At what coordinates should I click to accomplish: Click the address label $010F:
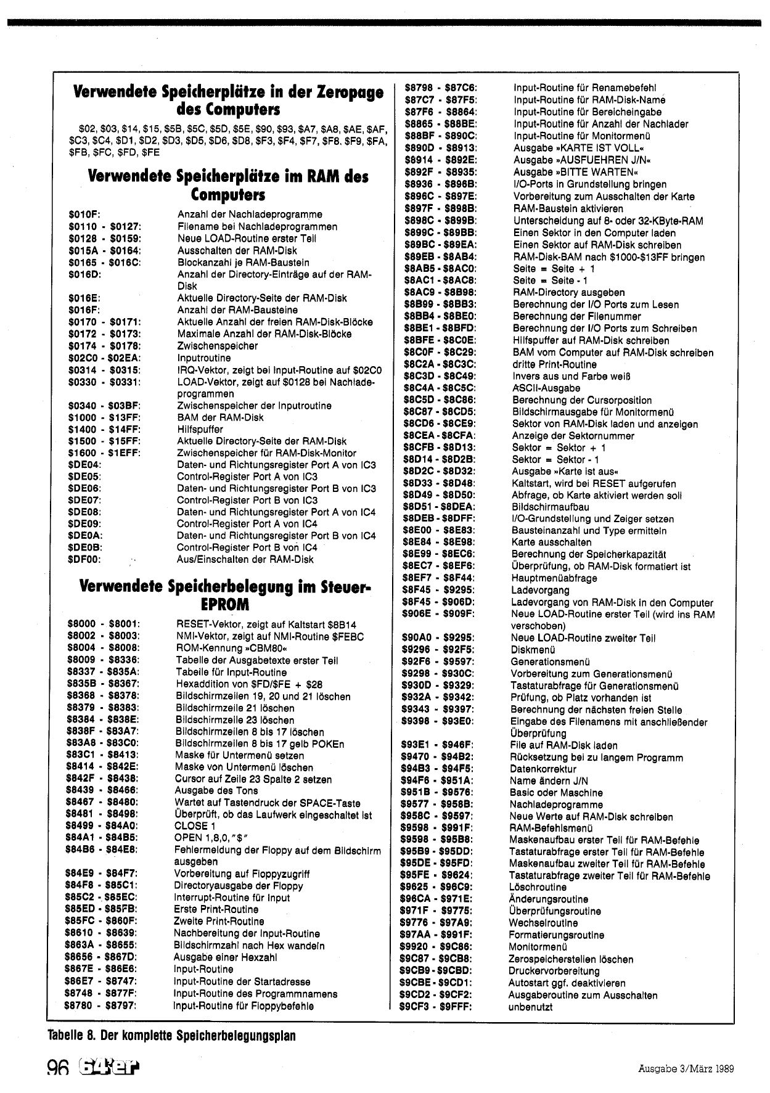click(85, 215)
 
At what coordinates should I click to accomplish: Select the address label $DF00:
click(84, 559)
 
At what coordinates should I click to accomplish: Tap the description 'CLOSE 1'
click(195, 826)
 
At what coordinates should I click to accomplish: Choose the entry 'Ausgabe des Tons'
click(211, 790)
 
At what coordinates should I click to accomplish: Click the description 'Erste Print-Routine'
click(216, 909)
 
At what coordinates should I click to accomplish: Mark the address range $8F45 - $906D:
click(438, 602)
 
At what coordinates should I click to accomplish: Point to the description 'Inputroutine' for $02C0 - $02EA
click(203, 358)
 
